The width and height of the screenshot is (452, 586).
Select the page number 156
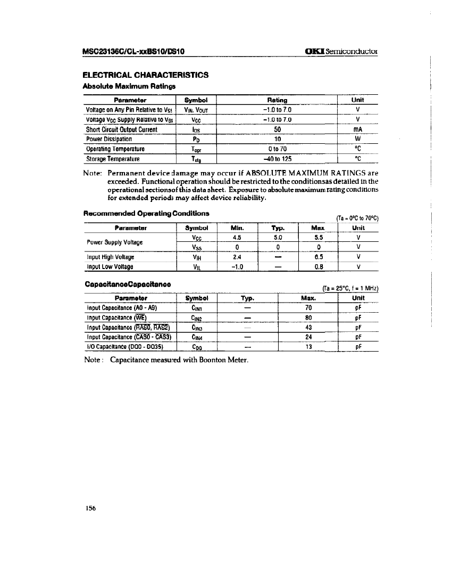point(89,508)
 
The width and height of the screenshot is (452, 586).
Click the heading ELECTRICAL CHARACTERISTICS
point(145,75)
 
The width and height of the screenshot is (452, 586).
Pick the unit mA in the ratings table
point(357,129)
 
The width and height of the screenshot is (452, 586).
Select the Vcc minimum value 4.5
point(237,238)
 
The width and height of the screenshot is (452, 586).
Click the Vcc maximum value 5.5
point(317,238)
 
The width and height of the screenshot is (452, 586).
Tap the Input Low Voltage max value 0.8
point(317,267)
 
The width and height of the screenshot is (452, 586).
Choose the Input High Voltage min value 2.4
point(237,257)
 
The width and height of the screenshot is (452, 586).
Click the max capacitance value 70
point(308,308)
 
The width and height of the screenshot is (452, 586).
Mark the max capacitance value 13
point(308,346)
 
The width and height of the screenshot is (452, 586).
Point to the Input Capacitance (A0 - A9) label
point(121,308)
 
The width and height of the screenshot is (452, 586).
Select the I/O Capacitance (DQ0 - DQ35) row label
point(124,346)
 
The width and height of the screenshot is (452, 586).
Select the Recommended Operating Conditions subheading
point(146,214)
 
